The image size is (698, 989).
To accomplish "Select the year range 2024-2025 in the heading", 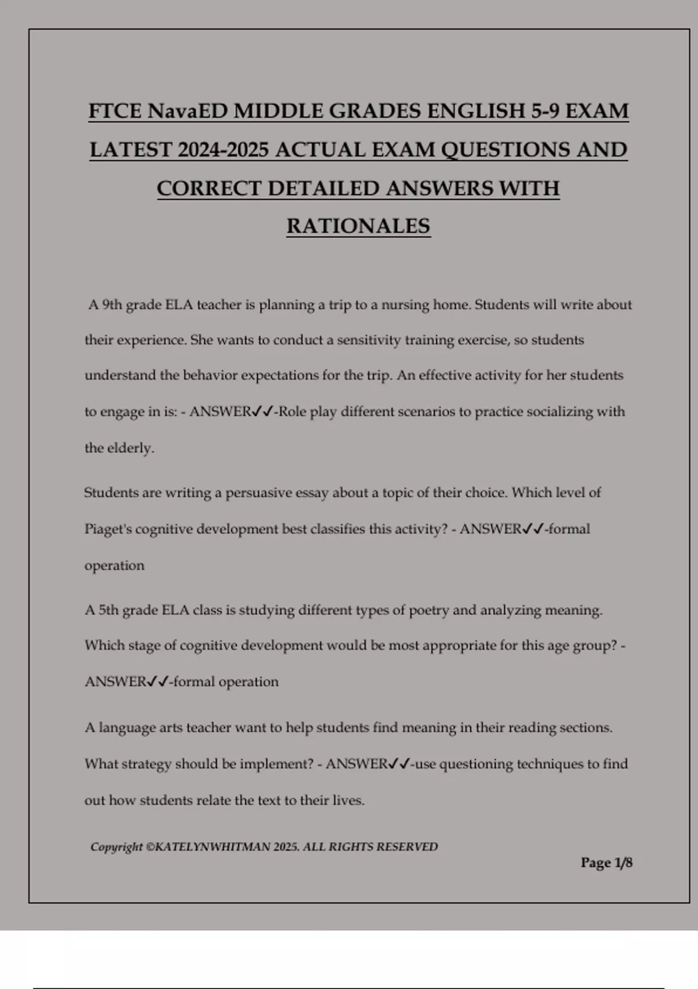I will (x=223, y=150).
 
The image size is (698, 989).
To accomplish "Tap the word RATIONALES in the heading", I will (x=358, y=226).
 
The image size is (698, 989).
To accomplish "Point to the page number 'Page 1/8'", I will (x=606, y=862).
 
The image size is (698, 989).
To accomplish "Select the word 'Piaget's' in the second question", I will (x=108, y=529).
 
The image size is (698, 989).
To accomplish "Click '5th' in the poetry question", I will (x=108, y=610).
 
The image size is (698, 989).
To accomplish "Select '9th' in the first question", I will (x=112, y=305).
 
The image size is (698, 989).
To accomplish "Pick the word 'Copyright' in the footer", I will (x=116, y=846).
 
